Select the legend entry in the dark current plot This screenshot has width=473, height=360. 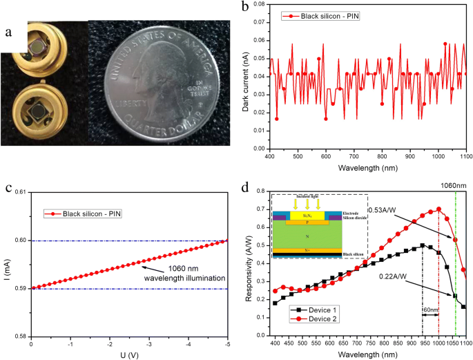[x=325, y=15]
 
